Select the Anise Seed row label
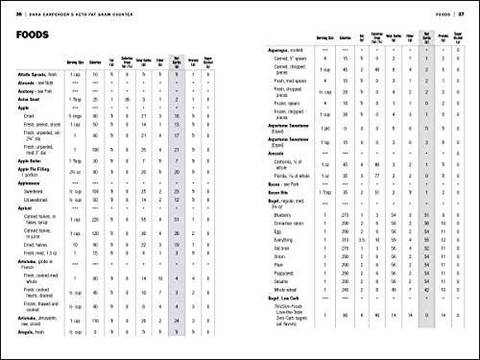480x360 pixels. click(29, 126)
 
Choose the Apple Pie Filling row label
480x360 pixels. click(37, 200)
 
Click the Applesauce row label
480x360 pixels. click(32, 218)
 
